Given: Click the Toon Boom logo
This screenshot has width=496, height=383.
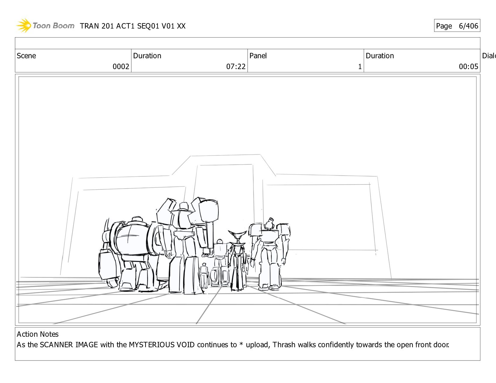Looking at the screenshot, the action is click(45, 26).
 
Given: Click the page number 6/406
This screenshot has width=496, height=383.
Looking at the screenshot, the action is click(468, 26).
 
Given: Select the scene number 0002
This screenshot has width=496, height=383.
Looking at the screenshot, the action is click(121, 66).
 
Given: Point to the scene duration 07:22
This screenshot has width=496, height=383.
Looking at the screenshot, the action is click(236, 66).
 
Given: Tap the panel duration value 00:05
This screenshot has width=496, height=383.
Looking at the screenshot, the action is click(468, 66).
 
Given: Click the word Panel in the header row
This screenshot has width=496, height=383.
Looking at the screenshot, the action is click(258, 56).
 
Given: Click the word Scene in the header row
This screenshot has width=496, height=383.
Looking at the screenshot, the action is click(26, 56).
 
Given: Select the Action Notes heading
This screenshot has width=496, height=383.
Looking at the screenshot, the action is click(38, 334).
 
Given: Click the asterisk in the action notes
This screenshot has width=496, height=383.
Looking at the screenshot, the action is click(241, 344).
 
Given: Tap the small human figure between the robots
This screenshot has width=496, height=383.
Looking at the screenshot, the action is click(204, 275).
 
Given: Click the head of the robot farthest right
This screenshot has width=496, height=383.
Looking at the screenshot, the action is click(270, 223).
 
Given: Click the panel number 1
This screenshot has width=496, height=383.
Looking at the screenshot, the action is click(360, 67).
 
